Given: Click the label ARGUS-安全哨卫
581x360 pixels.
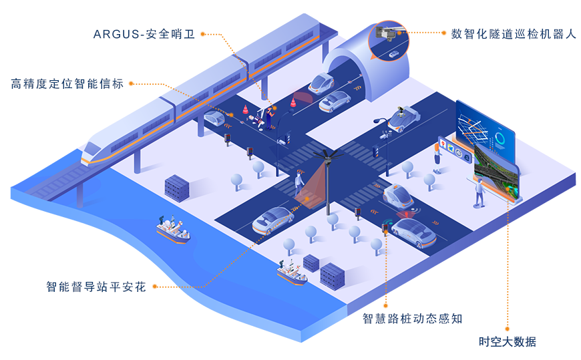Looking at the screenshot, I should tap(144, 33).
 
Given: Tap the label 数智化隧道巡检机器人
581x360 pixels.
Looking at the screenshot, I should tap(512, 33).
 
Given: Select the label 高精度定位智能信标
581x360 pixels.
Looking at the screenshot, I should tap(67, 84).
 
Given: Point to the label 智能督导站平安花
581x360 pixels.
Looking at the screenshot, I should tap(95, 287).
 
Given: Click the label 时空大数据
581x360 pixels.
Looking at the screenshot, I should tap(508, 342).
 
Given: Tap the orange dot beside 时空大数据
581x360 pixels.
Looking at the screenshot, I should tap(508, 329).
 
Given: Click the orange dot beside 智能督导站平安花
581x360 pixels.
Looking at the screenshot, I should tap(155, 287).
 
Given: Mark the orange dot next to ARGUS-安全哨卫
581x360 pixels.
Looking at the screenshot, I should tap(204, 33).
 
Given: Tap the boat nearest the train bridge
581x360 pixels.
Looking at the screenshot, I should tap(172, 231).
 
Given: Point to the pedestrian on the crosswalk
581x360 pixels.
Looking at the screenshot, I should tap(299, 181).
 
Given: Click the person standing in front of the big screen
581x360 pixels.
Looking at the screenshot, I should tap(479, 192).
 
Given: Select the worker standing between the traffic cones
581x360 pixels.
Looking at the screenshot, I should tap(270, 115).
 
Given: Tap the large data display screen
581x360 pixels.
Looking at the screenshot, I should tap(486, 150).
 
